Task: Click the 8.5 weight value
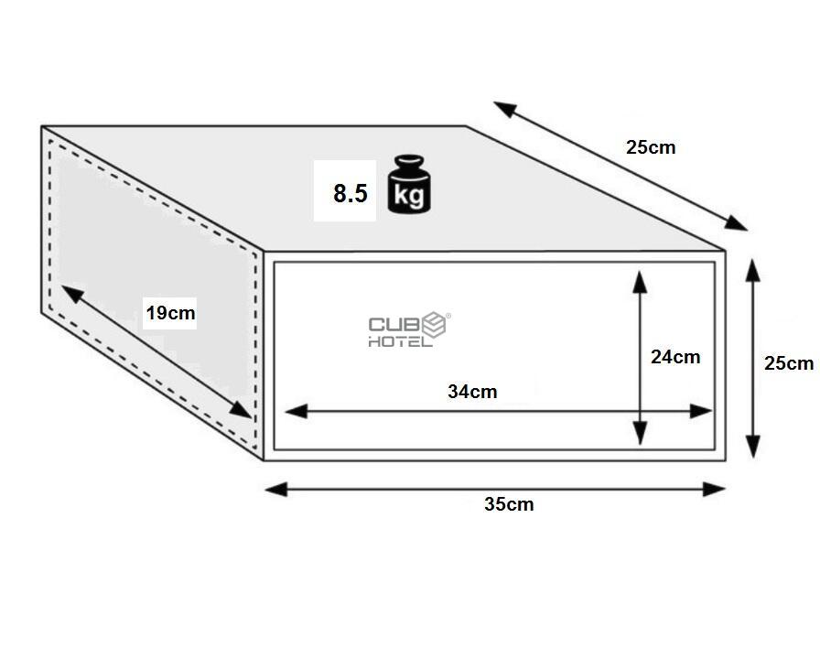pyautogui.click(x=351, y=193)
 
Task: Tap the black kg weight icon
pyautogui.click(x=409, y=184)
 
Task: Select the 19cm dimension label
pyautogui.click(x=170, y=313)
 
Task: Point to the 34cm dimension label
pyautogui.click(x=472, y=392)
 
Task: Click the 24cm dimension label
pyautogui.click(x=675, y=357)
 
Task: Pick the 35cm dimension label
pyautogui.click(x=509, y=504)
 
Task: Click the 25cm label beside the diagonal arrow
pyautogui.click(x=651, y=147)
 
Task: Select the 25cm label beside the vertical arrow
pyautogui.click(x=789, y=363)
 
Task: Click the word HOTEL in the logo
pyautogui.click(x=400, y=342)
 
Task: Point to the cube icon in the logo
pyautogui.click(x=435, y=325)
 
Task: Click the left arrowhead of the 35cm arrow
pyautogui.click(x=276, y=490)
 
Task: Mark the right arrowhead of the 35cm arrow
pyautogui.click(x=714, y=490)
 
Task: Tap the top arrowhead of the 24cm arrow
pyautogui.click(x=640, y=282)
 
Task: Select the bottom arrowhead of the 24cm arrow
pyautogui.click(x=640, y=434)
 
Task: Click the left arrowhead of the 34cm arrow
pyautogui.click(x=296, y=411)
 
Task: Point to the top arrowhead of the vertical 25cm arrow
pyautogui.click(x=752, y=270)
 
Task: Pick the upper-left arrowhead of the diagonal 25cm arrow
pyautogui.click(x=505, y=109)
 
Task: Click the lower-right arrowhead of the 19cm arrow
pyautogui.click(x=241, y=410)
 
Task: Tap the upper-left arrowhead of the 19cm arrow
pyautogui.click(x=73, y=294)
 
